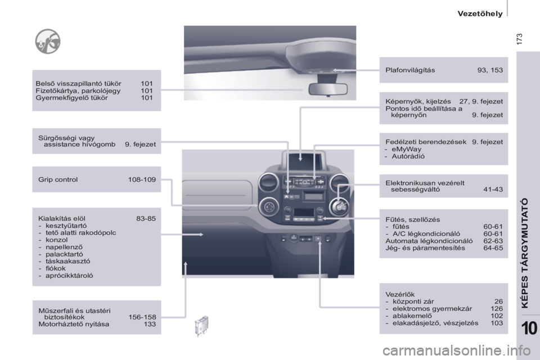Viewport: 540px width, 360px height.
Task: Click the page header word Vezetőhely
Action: [480, 13]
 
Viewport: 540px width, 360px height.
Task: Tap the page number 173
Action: [519, 39]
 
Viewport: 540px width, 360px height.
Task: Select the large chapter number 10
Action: [529, 328]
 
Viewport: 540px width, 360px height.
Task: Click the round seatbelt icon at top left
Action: [48, 41]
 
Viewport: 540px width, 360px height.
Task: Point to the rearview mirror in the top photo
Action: [328, 89]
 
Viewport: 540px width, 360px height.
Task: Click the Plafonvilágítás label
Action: [410, 70]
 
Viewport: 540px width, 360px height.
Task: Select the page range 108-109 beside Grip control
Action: [142, 179]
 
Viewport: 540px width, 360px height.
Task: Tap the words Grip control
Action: [58, 179]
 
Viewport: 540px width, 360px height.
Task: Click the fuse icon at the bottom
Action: [201, 326]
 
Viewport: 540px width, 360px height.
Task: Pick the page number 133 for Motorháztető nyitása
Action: [150, 324]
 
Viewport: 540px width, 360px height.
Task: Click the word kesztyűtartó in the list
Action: [66, 226]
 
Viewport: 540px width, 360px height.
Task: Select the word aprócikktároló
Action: [69, 276]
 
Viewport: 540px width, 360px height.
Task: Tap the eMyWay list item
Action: [406, 149]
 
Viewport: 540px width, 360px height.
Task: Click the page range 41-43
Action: [493, 190]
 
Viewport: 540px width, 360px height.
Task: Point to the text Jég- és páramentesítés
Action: [425, 248]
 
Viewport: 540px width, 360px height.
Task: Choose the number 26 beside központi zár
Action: [499, 301]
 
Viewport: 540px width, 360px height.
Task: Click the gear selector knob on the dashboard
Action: [339, 206]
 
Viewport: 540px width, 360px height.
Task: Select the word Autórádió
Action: [408, 156]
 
